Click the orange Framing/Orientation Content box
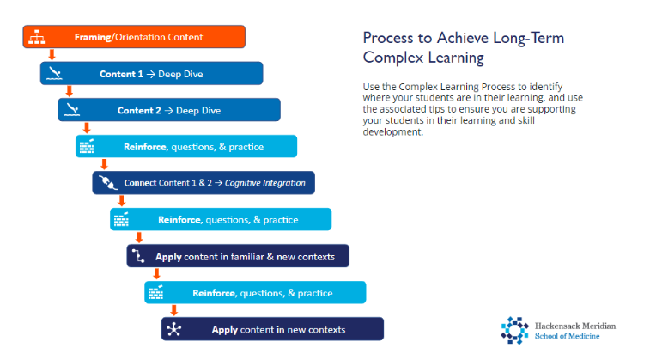[x=134, y=37]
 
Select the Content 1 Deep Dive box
[x=151, y=74]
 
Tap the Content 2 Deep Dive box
[x=169, y=110]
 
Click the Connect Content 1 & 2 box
[x=204, y=183]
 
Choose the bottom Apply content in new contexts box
[x=272, y=329]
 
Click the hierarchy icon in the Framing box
[x=36, y=37]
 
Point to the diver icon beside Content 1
[x=54, y=74]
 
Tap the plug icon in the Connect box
[x=106, y=183]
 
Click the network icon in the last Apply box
[x=174, y=329]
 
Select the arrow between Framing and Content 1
[x=52, y=55]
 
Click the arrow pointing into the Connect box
[x=104, y=164]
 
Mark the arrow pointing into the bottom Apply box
[x=173, y=310]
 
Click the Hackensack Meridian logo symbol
[x=515, y=331]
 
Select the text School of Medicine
[x=567, y=336]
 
